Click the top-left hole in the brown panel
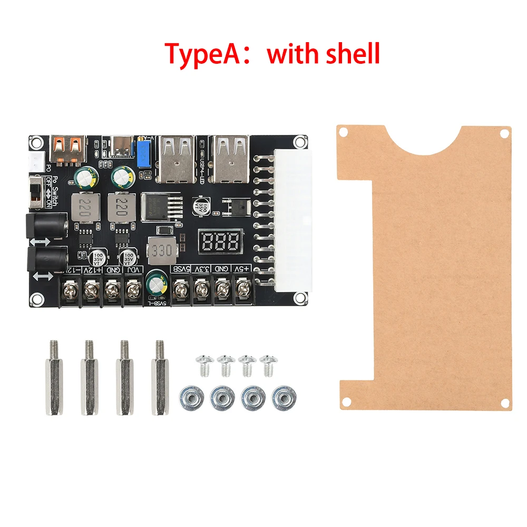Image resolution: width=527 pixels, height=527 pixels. (x=343, y=131)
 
